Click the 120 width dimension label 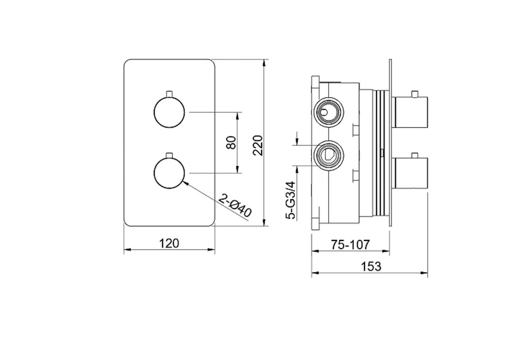coord(170,243)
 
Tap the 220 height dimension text coord(258,145)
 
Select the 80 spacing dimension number coord(231,142)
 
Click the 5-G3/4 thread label coord(292,200)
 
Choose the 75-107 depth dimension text coord(350,245)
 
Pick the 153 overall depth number coord(371,266)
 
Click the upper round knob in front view coord(169,112)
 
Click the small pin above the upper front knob coord(169,94)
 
